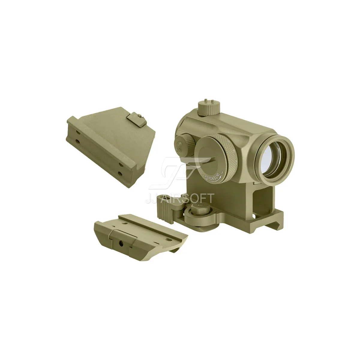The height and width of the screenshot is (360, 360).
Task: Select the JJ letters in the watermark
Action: [152, 198]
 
